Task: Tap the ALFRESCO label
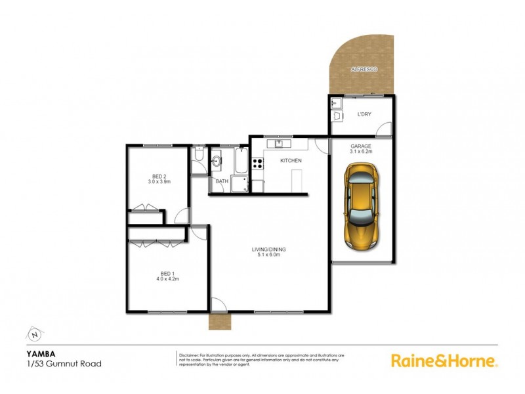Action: (363, 68)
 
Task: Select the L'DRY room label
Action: (364, 114)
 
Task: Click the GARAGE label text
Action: (361, 146)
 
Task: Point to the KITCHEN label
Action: (291, 160)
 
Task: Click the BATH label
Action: (221, 181)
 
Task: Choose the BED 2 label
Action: (158, 177)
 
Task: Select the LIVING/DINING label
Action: (270, 250)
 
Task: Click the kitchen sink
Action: (280, 143)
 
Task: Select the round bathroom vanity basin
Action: (217, 160)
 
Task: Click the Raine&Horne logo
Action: (444, 360)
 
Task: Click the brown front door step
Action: (217, 321)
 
